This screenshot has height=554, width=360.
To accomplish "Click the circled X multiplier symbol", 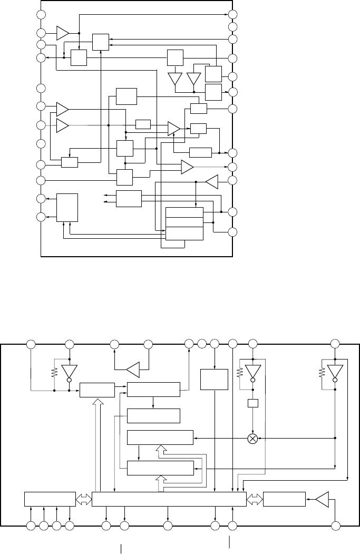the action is [x=252, y=438].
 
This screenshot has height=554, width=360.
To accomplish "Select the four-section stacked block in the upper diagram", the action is [x=184, y=223].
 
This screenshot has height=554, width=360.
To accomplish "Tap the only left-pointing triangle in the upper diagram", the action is [x=211, y=182].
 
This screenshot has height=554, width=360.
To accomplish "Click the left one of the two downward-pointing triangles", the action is [x=174, y=79].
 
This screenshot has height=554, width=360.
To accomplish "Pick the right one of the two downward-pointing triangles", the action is [x=194, y=79].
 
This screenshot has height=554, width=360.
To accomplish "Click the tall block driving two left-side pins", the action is [x=67, y=208].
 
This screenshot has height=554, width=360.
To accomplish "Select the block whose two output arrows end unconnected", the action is [x=129, y=199].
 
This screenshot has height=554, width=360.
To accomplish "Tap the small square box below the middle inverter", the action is [x=252, y=404].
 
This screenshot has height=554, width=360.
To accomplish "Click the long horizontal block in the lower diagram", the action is [x=169, y=499].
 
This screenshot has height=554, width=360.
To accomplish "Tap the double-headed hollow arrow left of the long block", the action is [x=83, y=499].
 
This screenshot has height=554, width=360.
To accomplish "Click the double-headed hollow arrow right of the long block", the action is [x=255, y=499].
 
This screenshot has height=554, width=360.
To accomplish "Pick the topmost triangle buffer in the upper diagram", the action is [x=63, y=33].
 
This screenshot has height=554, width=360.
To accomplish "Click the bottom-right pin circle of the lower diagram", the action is [x=335, y=526].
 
